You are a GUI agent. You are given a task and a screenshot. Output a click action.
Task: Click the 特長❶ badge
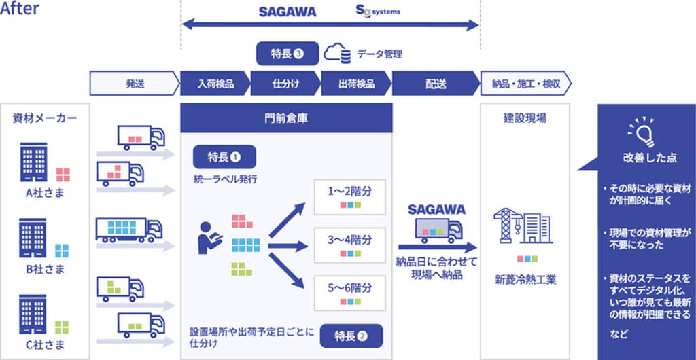click(224, 157)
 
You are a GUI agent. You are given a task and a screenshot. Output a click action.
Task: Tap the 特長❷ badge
click(351, 336)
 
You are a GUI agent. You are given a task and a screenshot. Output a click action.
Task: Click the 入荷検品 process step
click(215, 84)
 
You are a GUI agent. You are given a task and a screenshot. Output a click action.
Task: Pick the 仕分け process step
click(286, 84)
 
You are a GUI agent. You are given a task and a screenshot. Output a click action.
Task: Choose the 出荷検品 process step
click(357, 84)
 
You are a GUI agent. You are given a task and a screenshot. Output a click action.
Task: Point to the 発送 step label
click(134, 84)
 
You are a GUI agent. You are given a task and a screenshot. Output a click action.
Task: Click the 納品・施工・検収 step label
click(525, 84)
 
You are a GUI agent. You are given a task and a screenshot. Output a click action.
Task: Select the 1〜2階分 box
click(350, 195)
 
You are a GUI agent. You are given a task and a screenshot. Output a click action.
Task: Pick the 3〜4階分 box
click(350, 244)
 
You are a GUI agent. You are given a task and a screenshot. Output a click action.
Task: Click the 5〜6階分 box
click(350, 292)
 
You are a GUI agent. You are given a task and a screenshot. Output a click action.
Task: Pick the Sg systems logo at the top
click(378, 11)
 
